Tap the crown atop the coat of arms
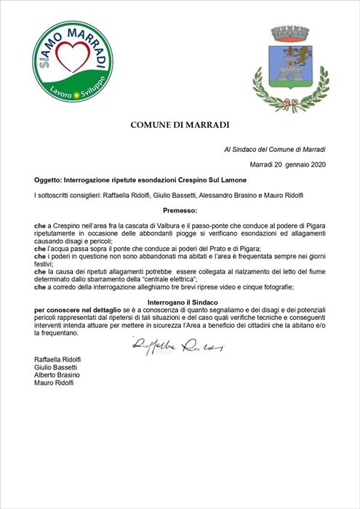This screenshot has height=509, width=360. (290, 33)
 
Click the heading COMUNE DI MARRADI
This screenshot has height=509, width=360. (180, 125)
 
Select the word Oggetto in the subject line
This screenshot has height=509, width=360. (49, 179)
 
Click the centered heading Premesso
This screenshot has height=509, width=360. (180, 210)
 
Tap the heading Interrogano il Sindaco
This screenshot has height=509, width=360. (180, 300)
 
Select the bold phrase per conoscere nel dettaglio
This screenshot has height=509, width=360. (76, 309)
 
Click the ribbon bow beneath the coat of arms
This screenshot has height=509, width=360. (290, 110)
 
